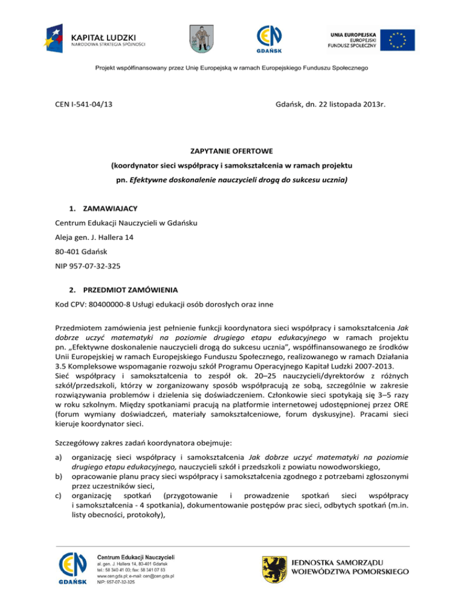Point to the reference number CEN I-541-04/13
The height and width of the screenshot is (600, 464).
click(x=82, y=105)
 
